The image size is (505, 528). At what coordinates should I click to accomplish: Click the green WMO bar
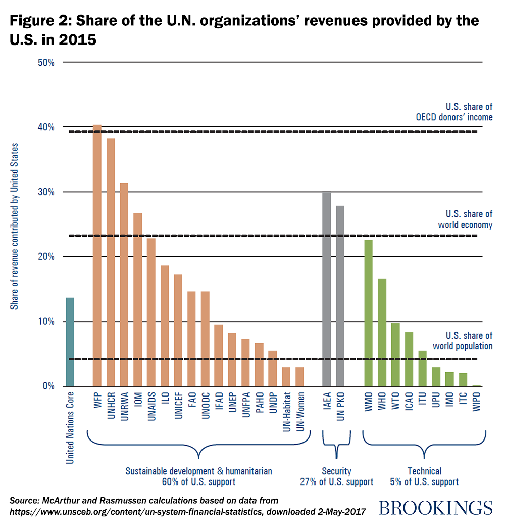(x=369, y=313)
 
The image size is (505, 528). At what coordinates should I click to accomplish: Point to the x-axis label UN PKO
(x=340, y=407)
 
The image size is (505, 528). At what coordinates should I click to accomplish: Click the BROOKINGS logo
(x=435, y=507)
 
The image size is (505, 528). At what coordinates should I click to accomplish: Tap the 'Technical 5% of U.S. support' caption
(x=424, y=476)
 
